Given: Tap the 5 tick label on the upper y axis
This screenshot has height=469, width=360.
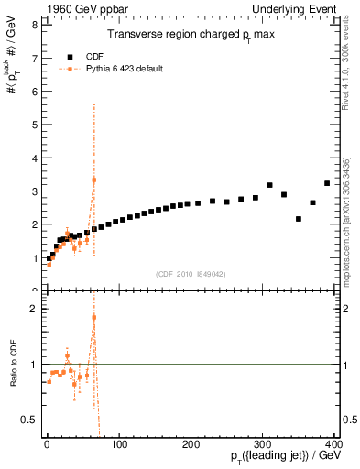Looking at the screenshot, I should pos(34,125).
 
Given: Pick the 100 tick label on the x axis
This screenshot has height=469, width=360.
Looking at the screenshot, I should pos(120,444).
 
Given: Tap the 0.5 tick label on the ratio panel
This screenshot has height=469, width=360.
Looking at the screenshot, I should pos(29,420).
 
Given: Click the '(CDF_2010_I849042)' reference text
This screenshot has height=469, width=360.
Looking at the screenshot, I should pos(191,273).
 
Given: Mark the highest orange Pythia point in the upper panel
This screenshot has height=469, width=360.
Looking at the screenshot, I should pos(94,180).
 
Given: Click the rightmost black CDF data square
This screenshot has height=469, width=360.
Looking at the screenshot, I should pos(327,183).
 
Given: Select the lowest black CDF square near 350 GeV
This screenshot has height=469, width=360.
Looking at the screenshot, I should pos(299,219).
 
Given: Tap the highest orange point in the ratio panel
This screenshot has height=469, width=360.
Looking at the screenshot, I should pos(94,317).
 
